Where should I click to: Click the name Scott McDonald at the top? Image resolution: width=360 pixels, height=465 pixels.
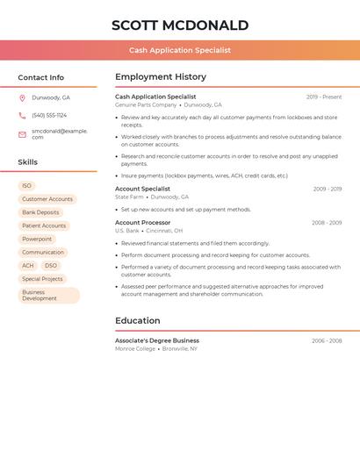(180, 25)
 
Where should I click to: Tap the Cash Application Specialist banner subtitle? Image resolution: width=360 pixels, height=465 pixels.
(180, 50)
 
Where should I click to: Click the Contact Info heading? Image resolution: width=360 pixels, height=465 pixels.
(41, 77)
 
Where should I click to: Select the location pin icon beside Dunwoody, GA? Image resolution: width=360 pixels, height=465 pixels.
(22, 97)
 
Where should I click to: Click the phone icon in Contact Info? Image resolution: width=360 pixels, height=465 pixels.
(22, 115)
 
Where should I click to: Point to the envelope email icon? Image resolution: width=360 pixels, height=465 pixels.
(22, 133)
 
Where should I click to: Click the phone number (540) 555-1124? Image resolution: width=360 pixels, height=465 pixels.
(49, 115)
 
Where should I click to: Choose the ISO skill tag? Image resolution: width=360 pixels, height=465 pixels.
(27, 186)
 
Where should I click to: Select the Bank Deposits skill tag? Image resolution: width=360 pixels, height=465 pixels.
(40, 212)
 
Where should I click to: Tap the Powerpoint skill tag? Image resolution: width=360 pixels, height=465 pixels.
(37, 239)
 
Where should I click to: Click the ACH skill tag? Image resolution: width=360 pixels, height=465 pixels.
(28, 265)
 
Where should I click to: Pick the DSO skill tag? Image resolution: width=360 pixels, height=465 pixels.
(51, 265)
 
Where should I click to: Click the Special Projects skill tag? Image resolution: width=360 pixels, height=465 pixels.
(42, 279)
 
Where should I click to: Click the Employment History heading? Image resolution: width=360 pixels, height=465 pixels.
(161, 77)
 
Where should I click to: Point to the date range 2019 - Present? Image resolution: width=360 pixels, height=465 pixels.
(324, 97)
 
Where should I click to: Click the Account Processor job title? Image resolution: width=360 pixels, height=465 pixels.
(143, 223)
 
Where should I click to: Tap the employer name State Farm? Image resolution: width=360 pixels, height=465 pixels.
(128, 197)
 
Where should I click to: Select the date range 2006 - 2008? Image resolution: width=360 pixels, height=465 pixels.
(327, 340)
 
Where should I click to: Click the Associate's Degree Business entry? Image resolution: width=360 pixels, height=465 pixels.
(157, 340)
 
